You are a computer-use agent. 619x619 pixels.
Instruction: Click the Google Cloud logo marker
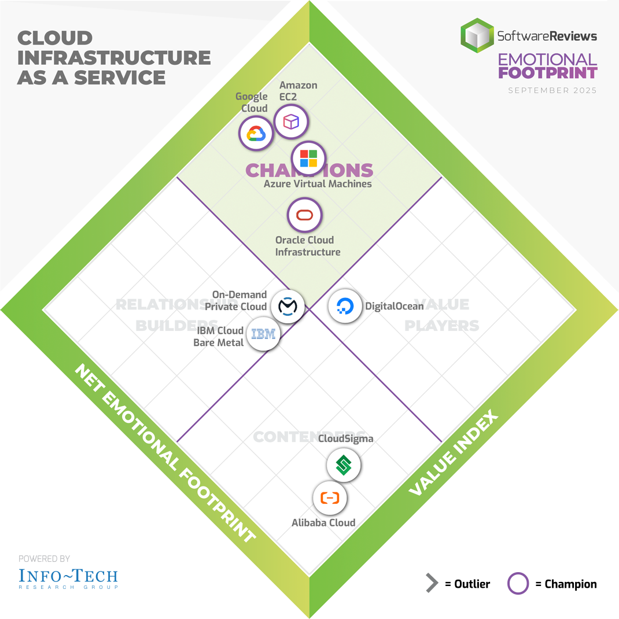256,134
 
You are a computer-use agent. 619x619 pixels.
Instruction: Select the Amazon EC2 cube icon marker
290,121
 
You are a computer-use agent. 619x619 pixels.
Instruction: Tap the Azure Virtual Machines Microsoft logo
308,158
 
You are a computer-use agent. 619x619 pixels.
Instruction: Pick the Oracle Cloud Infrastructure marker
304,215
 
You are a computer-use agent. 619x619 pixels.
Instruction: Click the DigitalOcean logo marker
345,306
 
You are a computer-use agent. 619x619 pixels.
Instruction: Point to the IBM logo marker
263,334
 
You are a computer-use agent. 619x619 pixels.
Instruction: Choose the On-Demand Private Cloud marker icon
287,306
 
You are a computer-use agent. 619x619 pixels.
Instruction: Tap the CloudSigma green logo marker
344,465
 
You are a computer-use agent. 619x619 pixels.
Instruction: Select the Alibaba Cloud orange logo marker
330,498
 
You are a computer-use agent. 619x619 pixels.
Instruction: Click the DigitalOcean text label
394,306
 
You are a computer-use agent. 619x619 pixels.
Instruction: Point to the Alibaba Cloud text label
323,523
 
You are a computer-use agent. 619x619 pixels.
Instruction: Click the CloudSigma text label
346,439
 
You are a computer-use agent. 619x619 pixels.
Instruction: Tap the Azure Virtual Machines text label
318,184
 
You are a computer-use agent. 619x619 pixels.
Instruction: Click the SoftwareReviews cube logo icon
477,35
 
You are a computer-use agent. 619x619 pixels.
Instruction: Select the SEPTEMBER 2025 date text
552,90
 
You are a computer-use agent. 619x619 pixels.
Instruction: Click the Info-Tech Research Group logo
68,577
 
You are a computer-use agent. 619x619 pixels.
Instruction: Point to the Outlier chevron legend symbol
432,584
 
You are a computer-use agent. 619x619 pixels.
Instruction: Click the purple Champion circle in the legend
518,584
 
